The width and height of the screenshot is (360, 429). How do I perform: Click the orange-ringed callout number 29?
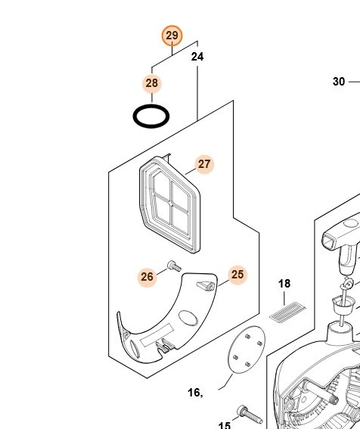tap(172, 36)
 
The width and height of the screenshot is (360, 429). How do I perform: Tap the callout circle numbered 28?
tap(152, 83)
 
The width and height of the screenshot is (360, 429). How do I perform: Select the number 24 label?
tap(197, 57)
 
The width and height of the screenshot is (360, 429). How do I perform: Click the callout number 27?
tap(204, 164)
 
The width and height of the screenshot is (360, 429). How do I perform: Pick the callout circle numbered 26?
tap(147, 277)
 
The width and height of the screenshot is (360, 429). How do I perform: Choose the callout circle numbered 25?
tap(237, 275)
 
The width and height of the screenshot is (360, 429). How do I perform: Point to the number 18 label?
tap(284, 284)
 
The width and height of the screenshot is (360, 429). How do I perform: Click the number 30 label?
tap(339, 82)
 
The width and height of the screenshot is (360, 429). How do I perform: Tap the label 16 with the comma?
tap(196, 393)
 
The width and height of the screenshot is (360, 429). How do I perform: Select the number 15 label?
tap(225, 425)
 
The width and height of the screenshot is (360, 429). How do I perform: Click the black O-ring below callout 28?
tap(151, 116)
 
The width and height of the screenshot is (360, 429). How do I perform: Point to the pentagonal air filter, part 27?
tap(170, 204)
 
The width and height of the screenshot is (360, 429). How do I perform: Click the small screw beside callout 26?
tap(174, 266)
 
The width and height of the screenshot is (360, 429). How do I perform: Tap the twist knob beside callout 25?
tap(206, 286)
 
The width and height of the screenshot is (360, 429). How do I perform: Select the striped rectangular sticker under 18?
tap(287, 312)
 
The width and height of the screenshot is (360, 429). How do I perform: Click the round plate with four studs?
tap(247, 350)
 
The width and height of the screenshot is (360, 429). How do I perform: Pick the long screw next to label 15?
tap(250, 414)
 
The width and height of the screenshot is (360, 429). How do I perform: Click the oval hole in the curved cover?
tap(188, 319)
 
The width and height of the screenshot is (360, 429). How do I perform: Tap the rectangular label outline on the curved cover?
tap(157, 335)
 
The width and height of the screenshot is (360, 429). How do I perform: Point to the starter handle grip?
tap(341, 235)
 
